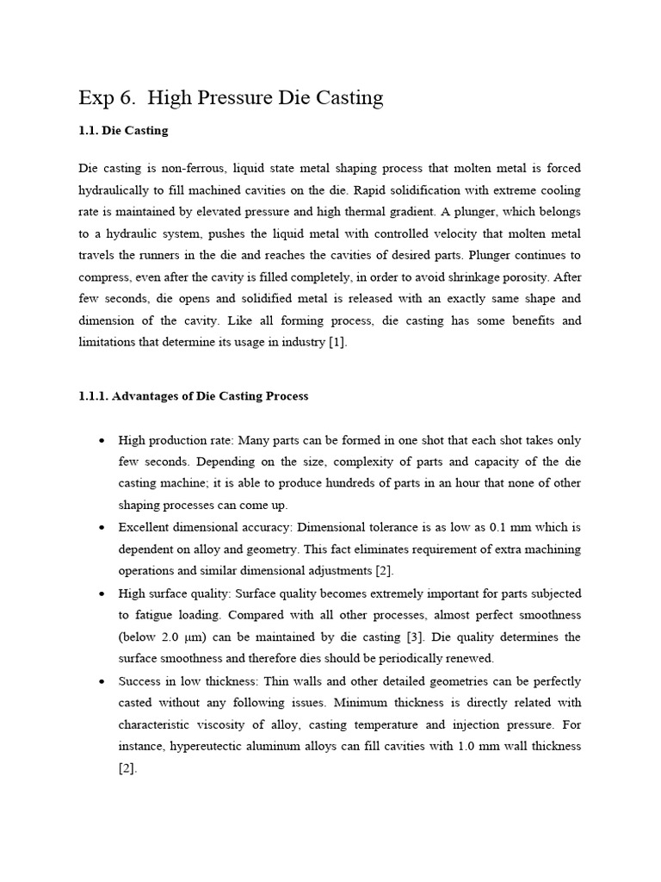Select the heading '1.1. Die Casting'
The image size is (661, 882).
pyautogui.click(x=123, y=131)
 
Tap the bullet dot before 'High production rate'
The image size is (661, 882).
pyautogui.click(x=102, y=440)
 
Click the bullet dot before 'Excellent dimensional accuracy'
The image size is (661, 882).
pyautogui.click(x=102, y=527)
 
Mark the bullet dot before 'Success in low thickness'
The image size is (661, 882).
pyautogui.click(x=102, y=681)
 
